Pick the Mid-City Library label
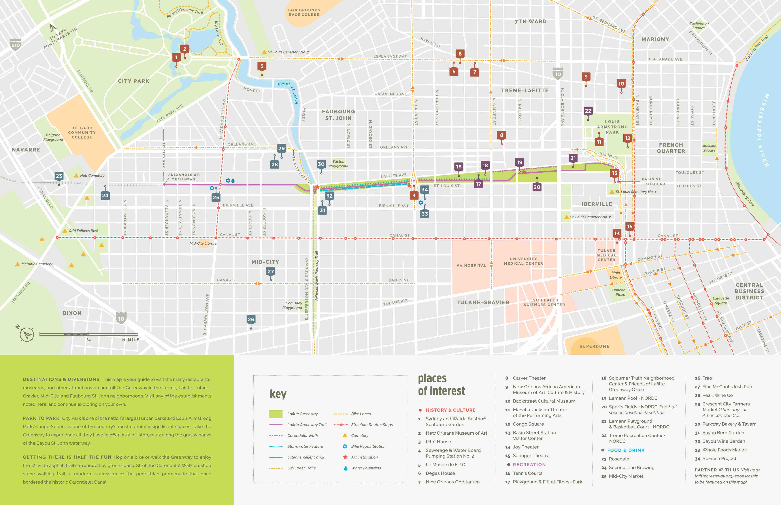[203, 243]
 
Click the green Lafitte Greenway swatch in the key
[276, 414]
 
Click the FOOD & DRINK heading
[625, 450]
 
